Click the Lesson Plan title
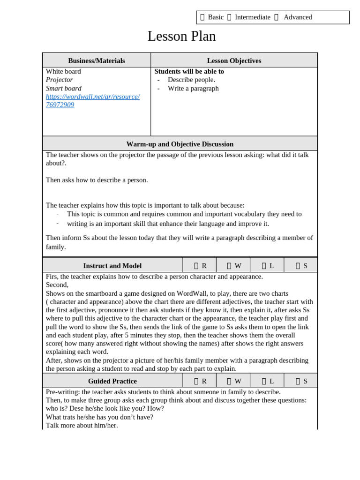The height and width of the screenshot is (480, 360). pyautogui.click(x=181, y=36)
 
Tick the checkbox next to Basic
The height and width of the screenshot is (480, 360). pyautogui.click(x=202, y=17)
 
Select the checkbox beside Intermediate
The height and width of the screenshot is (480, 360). pyautogui.click(x=229, y=17)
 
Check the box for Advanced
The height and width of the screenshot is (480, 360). pyautogui.click(x=276, y=17)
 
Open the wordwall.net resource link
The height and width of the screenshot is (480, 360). pyautogui.click(x=92, y=101)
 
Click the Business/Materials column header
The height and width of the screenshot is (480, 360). pyautogui.click(x=97, y=60)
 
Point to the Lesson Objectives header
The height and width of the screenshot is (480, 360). pyautogui.click(x=234, y=60)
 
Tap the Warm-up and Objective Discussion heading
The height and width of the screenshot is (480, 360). pyautogui.click(x=180, y=144)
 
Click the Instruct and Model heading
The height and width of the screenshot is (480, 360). pyautogui.click(x=112, y=266)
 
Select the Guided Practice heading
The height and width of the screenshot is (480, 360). pyautogui.click(x=112, y=381)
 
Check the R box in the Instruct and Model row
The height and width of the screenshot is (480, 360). pyautogui.click(x=196, y=266)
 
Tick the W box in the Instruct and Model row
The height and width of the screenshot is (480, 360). pyautogui.click(x=229, y=266)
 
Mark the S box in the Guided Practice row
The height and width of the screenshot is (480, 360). pyautogui.click(x=298, y=381)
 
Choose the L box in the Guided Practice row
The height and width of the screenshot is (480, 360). pyautogui.click(x=264, y=381)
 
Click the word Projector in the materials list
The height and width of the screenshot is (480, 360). pyautogui.click(x=60, y=80)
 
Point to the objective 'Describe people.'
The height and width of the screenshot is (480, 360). pyautogui.click(x=191, y=80)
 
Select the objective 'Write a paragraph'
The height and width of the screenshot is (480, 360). pyautogui.click(x=193, y=88)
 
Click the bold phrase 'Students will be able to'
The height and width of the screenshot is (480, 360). pyautogui.click(x=189, y=71)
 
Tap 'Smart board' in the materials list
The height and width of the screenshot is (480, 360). pyautogui.click(x=64, y=88)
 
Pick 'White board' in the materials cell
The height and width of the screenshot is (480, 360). pyautogui.click(x=63, y=71)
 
